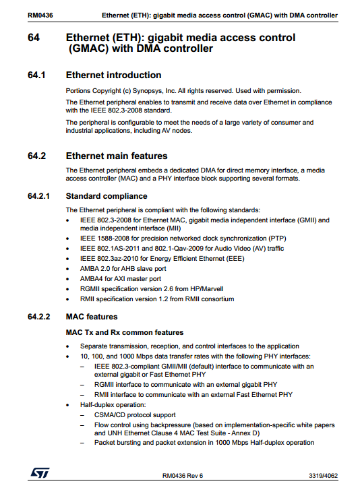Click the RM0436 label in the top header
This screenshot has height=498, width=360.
pyautogui.click(x=38, y=15)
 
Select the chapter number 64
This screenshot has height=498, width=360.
pyautogui.click(x=34, y=38)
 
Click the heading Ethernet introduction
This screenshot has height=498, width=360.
pyautogui.click(x=113, y=75)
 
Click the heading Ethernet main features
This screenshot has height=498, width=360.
pyautogui.click(x=116, y=156)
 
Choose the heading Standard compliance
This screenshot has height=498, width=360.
pyautogui.click(x=107, y=196)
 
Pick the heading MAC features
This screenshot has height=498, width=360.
pyautogui.click(x=92, y=316)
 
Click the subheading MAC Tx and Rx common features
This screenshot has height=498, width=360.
pyautogui.click(x=124, y=332)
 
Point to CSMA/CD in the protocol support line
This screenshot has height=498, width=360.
pyautogui.click(x=110, y=415)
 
